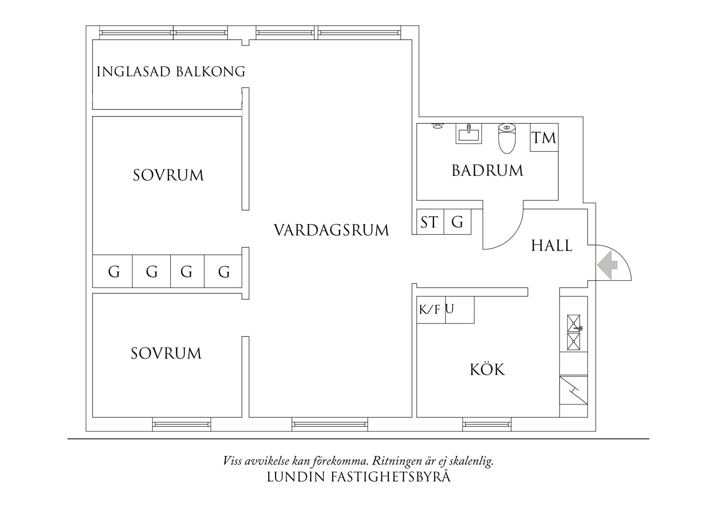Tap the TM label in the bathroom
(544, 138)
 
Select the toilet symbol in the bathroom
(507, 138)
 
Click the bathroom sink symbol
(469, 133)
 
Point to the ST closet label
(429, 222)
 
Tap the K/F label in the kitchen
(430, 310)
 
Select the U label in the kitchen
(450, 309)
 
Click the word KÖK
(487, 370)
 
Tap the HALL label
(551, 246)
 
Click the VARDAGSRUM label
(331, 230)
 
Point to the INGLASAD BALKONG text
(171, 72)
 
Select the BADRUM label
(487, 170)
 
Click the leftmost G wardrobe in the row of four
(114, 272)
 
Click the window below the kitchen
(487, 424)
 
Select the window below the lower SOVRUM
(181, 424)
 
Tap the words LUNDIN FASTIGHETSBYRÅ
(358, 477)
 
